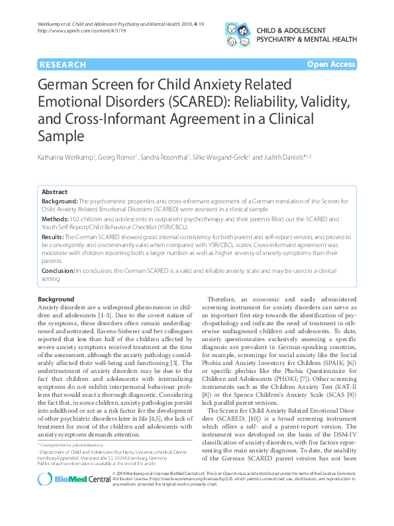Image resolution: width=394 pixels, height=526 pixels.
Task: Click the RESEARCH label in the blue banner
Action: pyautogui.click(x=63, y=64)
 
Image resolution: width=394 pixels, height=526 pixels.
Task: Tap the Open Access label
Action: pyautogui.click(x=331, y=64)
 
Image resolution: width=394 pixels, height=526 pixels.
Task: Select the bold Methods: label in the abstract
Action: pyautogui.click(x=56, y=218)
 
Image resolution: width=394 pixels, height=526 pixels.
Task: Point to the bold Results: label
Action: pyautogui.click(x=54, y=236)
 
